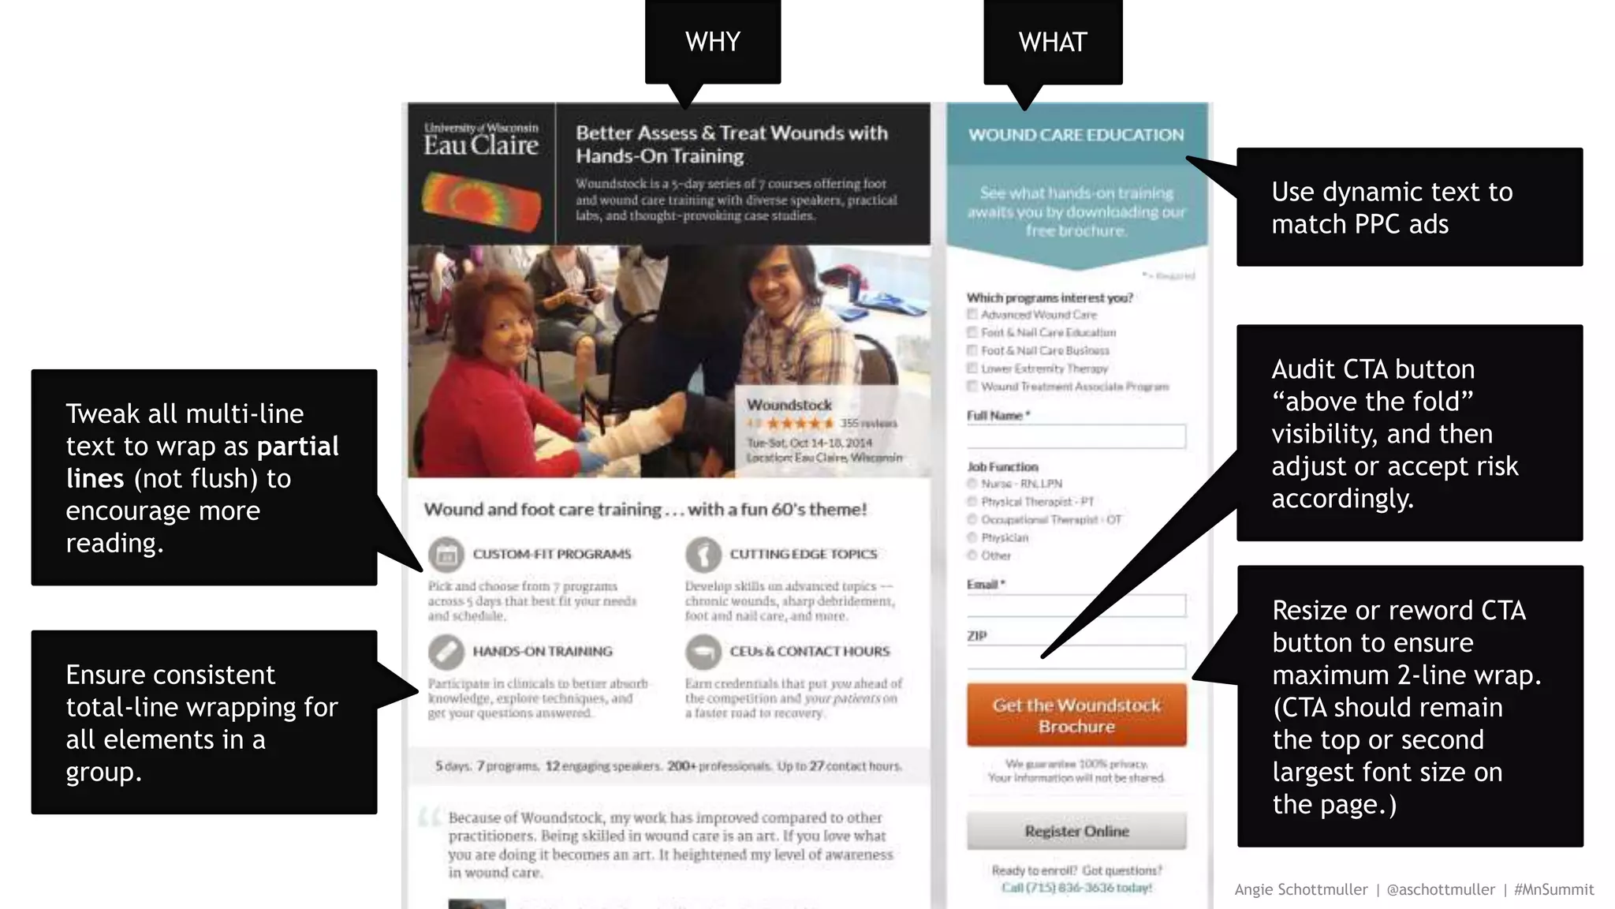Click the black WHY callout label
[x=713, y=41]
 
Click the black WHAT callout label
[x=1053, y=41]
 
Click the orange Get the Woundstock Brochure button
[x=1076, y=715]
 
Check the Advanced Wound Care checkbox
[x=972, y=315]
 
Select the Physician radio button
[x=972, y=537]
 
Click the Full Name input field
[x=1076, y=436]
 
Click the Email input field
[x=1076, y=605]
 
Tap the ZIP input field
[x=1076, y=656]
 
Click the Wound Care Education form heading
[x=1076, y=135]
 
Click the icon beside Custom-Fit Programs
[x=446, y=554]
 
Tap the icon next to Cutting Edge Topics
[x=703, y=554]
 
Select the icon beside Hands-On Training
[x=446, y=652]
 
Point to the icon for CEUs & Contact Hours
[x=703, y=652]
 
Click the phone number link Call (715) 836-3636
[x=1076, y=888]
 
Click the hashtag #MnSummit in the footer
[x=1553, y=890]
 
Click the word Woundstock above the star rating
[x=789, y=405]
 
